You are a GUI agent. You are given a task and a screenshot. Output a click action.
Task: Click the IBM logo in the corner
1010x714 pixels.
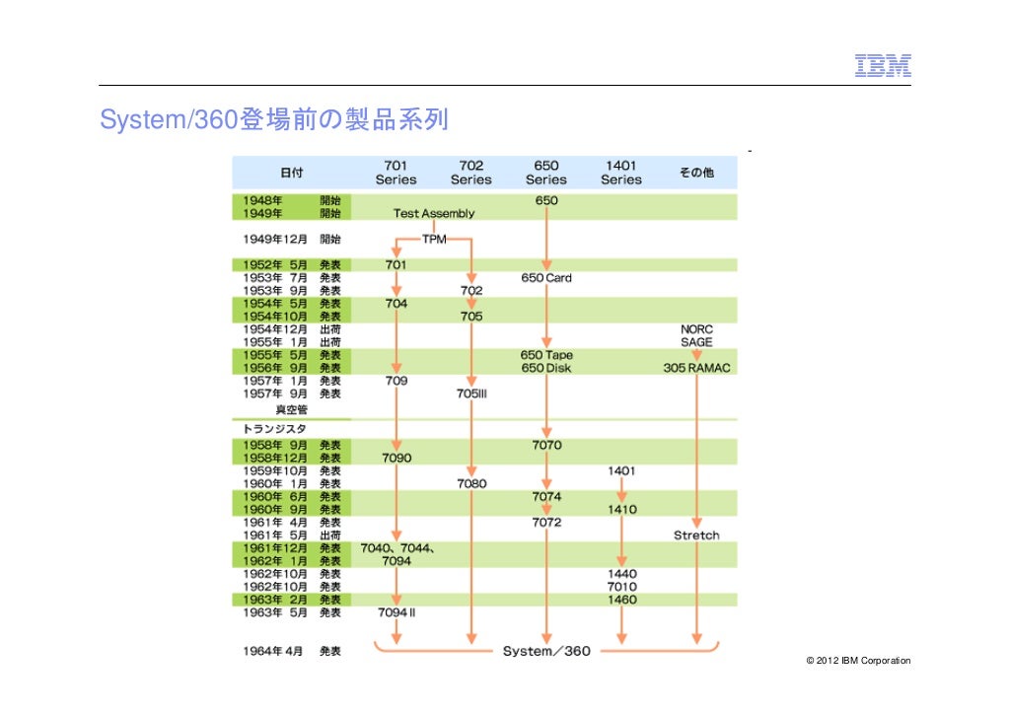pos(882,65)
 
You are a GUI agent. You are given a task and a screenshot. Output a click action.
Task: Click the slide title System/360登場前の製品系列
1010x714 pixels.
pos(274,120)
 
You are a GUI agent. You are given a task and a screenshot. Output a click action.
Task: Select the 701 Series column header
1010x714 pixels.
pos(396,173)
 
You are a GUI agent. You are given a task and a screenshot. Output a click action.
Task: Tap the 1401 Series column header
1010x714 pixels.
pos(620,173)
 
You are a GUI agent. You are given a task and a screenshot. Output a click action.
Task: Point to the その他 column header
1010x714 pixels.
pos(695,173)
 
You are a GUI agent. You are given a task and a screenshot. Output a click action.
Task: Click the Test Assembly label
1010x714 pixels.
pos(434,213)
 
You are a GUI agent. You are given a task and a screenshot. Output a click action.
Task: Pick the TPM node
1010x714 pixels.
pos(434,239)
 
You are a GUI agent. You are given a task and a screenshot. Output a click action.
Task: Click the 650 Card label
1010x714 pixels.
pos(545,278)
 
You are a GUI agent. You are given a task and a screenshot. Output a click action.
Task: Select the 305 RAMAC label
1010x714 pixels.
pos(696,368)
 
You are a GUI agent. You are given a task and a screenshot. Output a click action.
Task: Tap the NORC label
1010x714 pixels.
pos(696,329)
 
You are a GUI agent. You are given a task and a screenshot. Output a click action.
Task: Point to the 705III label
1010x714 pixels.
pos(471,393)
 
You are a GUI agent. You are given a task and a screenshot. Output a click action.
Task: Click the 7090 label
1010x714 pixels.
pos(396,458)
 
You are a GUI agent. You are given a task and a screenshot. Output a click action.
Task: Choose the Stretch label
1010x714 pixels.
pos(696,535)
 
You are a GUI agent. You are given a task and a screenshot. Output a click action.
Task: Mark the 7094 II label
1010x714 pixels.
pos(397,612)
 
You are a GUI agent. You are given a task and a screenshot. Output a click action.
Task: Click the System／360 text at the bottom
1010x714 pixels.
pos(546,651)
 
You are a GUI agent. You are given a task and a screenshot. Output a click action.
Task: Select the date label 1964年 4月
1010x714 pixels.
pos(273,651)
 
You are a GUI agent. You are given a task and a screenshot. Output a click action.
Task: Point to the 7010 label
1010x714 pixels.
pos(621,587)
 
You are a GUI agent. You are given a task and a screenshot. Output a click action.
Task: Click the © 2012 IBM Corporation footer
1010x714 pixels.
pos(858,660)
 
